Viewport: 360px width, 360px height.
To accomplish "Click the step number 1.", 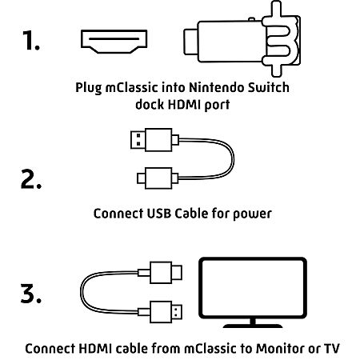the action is coord(31,40).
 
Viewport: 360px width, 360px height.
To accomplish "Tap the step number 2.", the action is coord(31,179).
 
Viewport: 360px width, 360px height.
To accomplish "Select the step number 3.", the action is coord(31,294).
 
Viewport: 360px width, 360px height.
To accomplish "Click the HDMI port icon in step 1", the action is coord(114,42).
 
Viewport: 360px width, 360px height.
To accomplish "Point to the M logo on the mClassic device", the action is coord(281,39).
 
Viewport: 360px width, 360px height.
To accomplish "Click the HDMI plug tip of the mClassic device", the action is coord(191,42).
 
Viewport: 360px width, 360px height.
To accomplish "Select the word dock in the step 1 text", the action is coord(150,104).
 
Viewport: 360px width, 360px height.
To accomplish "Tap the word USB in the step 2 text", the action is coord(159,214).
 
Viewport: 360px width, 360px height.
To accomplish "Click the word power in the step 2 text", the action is coord(252,214).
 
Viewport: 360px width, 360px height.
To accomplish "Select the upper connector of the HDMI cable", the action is coord(160,273).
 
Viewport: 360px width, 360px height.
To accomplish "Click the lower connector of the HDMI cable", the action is coord(160,312).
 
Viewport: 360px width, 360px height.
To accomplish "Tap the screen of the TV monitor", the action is coord(253,288).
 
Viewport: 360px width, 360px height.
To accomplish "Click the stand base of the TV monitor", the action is coord(253,326).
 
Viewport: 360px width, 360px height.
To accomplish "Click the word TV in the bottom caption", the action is coord(331,349).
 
